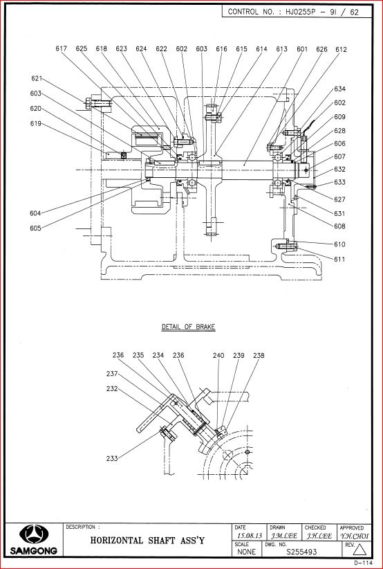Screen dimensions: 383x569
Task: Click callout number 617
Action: [x=62, y=48]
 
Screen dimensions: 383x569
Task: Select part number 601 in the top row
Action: [x=302, y=49]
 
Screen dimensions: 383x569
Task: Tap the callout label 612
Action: [x=341, y=50]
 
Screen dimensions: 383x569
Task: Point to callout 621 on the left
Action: [x=37, y=78]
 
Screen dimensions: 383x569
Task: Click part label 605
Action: [x=35, y=228]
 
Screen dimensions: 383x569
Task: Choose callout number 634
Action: [x=340, y=89]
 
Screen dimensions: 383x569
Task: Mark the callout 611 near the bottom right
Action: [x=339, y=260]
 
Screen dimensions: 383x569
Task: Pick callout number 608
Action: [x=340, y=226]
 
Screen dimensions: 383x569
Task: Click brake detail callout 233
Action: [x=112, y=458]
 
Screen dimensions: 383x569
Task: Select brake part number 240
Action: [x=218, y=355]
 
